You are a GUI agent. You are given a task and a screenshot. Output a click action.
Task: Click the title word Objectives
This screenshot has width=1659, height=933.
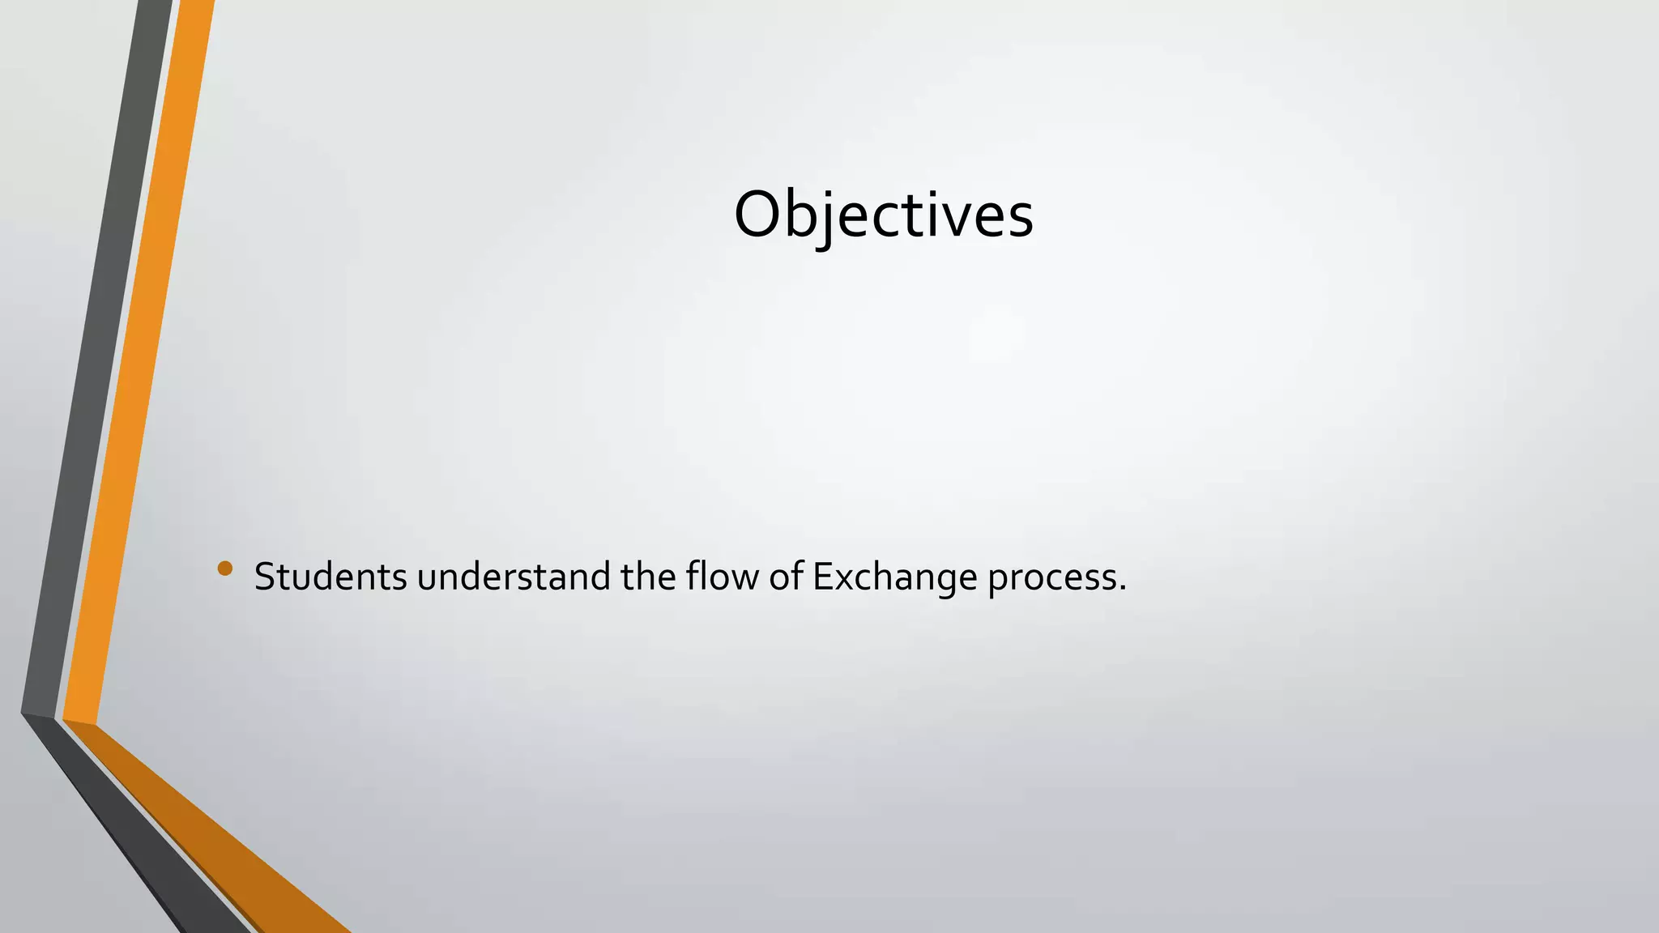point(883,215)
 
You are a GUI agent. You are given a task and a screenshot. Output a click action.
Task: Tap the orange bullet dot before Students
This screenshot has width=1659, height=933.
point(225,569)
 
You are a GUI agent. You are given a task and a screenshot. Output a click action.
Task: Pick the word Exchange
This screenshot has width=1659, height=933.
point(894,577)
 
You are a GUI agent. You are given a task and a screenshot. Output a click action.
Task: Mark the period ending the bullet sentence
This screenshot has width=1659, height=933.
point(1122,588)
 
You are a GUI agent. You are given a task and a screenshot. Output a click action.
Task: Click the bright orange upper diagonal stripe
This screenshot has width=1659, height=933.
point(138,364)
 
